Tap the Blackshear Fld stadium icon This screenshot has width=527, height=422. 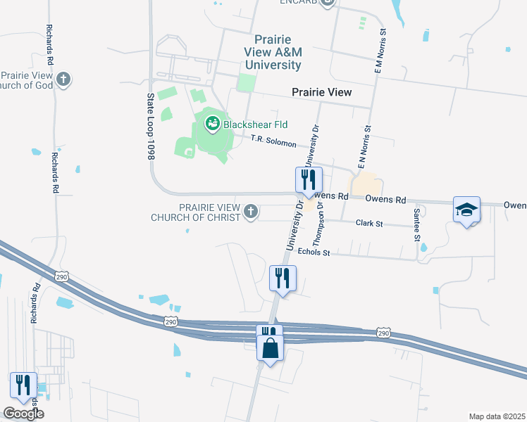[x=211, y=125]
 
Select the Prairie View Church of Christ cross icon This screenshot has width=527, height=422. [x=251, y=211]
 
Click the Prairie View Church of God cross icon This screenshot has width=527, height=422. [x=63, y=79]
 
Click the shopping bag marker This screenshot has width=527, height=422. [x=270, y=347]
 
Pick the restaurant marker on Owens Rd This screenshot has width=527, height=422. [x=308, y=180]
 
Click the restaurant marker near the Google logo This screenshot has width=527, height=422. [x=23, y=385]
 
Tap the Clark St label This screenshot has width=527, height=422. [x=368, y=223]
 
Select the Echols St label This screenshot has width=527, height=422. [x=314, y=251]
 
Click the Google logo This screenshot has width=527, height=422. [x=23, y=414]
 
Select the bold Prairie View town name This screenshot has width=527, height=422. [x=321, y=92]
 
